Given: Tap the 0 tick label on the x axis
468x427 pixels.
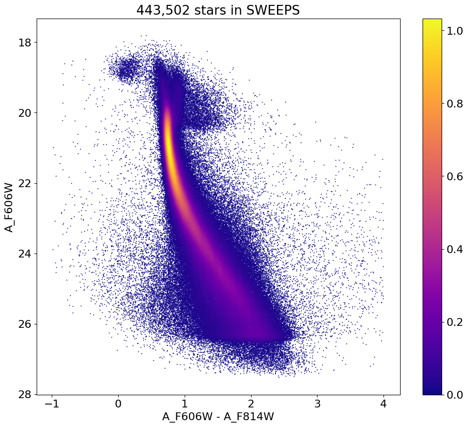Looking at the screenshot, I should click(118, 405).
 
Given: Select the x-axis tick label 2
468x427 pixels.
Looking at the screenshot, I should click(251, 405).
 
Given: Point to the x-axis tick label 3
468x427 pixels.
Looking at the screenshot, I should click(317, 405).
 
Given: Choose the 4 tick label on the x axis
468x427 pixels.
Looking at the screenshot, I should click(383, 405).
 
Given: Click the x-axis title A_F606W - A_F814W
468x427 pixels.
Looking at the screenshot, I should click(218, 418).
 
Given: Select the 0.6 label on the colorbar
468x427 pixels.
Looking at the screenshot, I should click(455, 176).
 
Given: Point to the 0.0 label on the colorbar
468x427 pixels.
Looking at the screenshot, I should click(455, 394).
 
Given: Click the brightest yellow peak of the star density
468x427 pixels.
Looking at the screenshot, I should click(169, 139).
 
